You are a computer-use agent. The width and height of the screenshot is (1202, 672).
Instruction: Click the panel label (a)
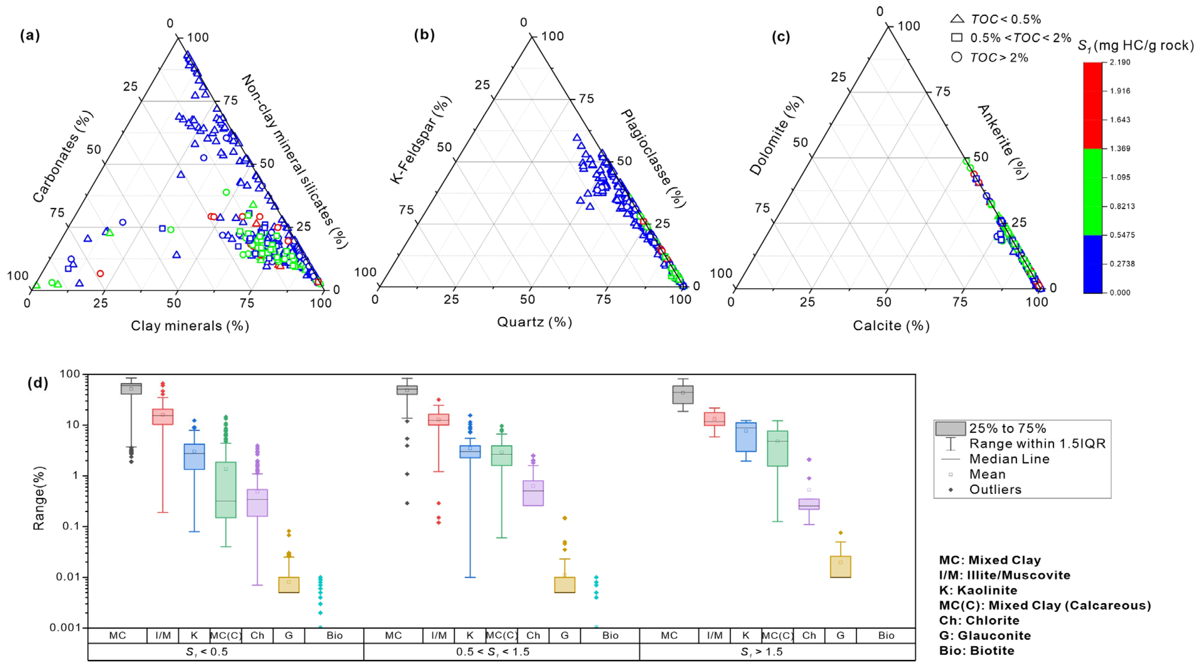(30, 35)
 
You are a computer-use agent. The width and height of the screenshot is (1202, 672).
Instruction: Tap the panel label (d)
(38, 383)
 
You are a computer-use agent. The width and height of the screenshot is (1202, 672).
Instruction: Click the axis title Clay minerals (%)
(189, 326)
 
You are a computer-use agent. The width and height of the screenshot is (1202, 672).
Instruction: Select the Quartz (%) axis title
(534, 322)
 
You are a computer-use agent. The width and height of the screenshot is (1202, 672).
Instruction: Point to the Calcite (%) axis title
(891, 326)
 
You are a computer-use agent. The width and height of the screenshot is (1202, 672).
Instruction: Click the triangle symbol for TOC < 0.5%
(957, 19)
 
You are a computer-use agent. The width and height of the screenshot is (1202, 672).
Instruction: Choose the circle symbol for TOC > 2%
(957, 57)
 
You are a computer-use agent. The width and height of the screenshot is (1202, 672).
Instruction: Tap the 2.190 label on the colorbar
(1120, 62)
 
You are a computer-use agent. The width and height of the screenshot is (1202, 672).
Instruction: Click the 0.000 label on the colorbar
(1120, 293)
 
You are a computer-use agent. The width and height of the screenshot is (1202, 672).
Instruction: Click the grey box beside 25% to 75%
(950, 428)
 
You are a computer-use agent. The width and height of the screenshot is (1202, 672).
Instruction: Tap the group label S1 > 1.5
(762, 652)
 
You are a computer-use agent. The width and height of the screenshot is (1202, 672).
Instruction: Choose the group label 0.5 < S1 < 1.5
(493, 652)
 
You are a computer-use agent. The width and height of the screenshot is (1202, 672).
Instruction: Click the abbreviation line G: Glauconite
(985, 636)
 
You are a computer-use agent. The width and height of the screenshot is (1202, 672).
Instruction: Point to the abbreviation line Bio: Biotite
(977, 651)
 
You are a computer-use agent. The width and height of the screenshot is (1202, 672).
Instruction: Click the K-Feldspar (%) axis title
(420, 140)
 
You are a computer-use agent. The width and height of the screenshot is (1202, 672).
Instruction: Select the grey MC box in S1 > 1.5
(683, 395)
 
